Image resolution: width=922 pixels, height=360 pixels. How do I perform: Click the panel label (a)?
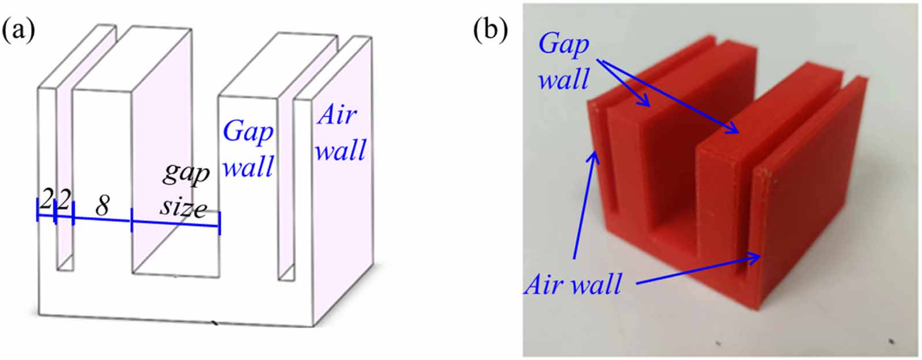click(x=19, y=31)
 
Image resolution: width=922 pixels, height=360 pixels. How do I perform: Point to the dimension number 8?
click(x=102, y=206)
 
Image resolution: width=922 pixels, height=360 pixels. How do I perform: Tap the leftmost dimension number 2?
click(x=46, y=201)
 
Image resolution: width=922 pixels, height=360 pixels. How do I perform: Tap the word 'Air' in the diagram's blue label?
click(x=336, y=115)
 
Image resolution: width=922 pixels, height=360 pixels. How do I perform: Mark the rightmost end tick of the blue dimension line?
click(x=220, y=223)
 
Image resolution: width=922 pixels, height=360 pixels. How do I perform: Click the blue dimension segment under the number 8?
click(x=102, y=218)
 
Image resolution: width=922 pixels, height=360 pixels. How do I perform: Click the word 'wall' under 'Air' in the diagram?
click(x=341, y=150)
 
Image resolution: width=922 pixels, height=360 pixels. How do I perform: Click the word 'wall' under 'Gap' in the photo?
click(x=563, y=78)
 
